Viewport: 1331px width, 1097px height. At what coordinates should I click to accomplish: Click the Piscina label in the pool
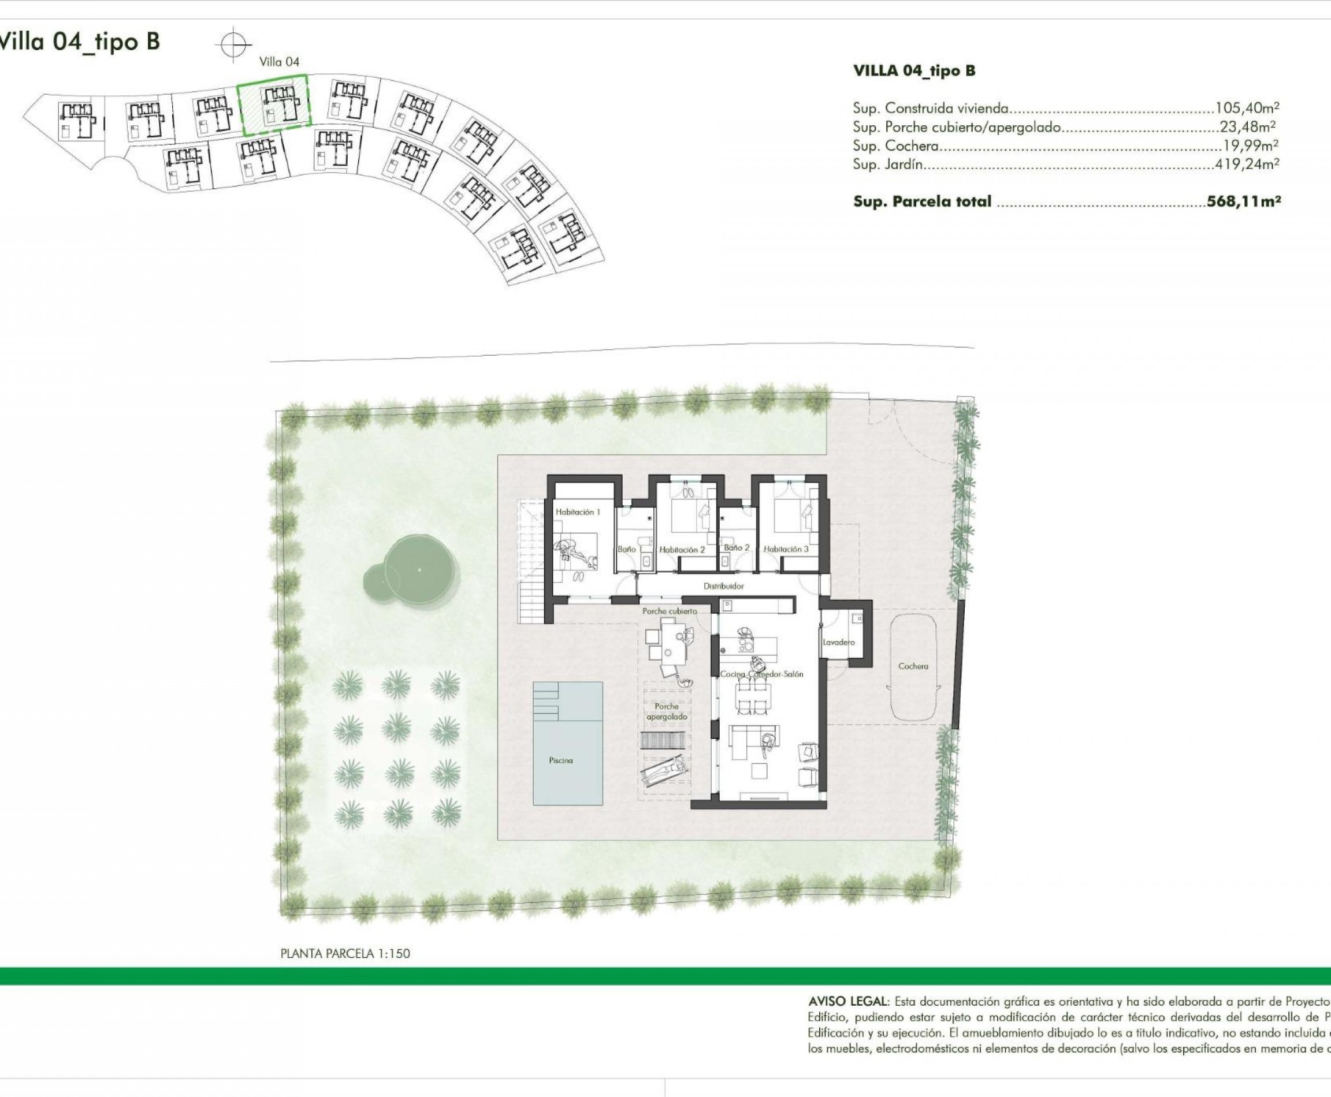coord(560,760)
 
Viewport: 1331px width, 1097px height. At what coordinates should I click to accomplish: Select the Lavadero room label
coord(838,642)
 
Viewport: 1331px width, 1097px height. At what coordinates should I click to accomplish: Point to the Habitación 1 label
coord(577,512)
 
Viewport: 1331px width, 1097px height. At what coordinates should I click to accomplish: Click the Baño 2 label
coord(737,548)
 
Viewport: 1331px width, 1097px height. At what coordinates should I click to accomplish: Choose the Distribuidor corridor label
coord(723,586)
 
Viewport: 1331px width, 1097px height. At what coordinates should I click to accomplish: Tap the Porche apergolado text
coord(667,711)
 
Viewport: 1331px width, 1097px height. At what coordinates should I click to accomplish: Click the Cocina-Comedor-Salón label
coord(761,674)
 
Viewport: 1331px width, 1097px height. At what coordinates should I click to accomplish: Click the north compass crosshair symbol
coord(233,45)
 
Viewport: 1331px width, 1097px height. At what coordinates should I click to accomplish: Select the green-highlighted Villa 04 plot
coord(274,105)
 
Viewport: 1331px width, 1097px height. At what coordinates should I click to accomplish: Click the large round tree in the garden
coord(420,569)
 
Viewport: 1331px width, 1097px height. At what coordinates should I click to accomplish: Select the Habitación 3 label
coord(786,549)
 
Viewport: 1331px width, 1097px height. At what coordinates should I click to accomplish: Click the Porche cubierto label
coord(669,611)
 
